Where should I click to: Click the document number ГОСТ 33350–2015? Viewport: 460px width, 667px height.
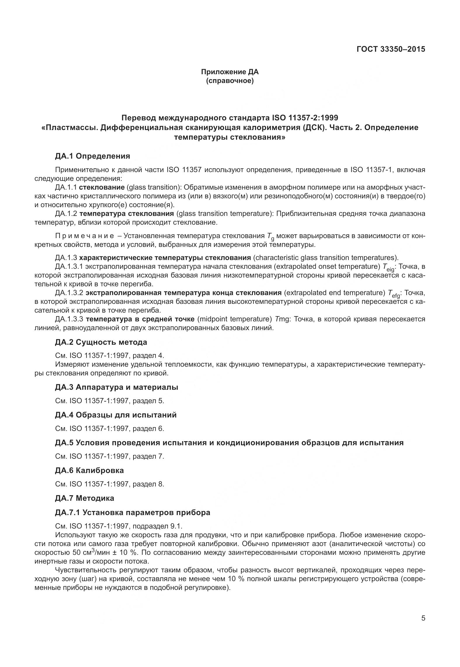[x=390, y=49]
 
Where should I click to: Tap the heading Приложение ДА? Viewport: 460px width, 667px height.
[x=230, y=72]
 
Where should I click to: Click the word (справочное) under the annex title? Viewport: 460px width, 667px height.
[x=230, y=81]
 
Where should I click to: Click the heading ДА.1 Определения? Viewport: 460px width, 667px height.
[x=92, y=156]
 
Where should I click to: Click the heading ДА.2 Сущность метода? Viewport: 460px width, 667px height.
[x=101, y=342]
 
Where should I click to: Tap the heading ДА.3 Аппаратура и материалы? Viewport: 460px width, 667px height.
[x=116, y=387]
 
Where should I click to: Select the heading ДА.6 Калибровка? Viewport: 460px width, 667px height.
[x=89, y=470]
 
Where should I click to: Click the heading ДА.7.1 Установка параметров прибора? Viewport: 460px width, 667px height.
[x=132, y=512]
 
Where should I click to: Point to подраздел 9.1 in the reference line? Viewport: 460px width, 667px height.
[x=157, y=526]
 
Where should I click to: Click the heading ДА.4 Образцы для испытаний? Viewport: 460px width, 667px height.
[x=116, y=415]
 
